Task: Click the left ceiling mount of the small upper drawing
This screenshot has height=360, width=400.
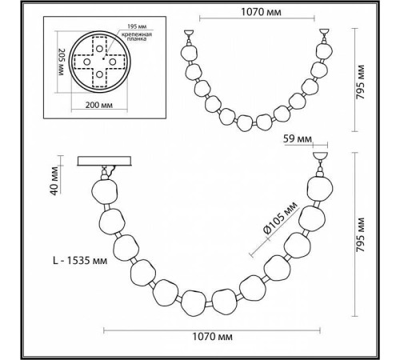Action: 188,35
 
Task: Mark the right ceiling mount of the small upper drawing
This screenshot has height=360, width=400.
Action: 325,35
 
